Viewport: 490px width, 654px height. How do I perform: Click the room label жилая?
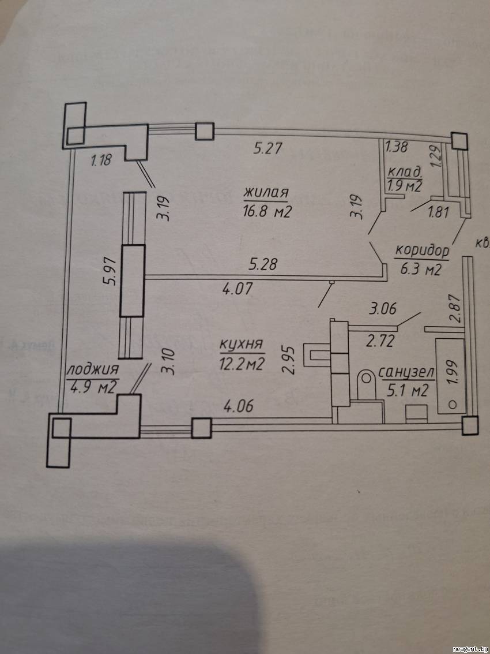click(x=265, y=192)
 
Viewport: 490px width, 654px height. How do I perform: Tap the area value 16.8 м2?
click(x=266, y=211)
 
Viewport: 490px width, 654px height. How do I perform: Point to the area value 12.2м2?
click(x=242, y=364)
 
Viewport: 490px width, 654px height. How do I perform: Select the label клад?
click(x=406, y=172)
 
